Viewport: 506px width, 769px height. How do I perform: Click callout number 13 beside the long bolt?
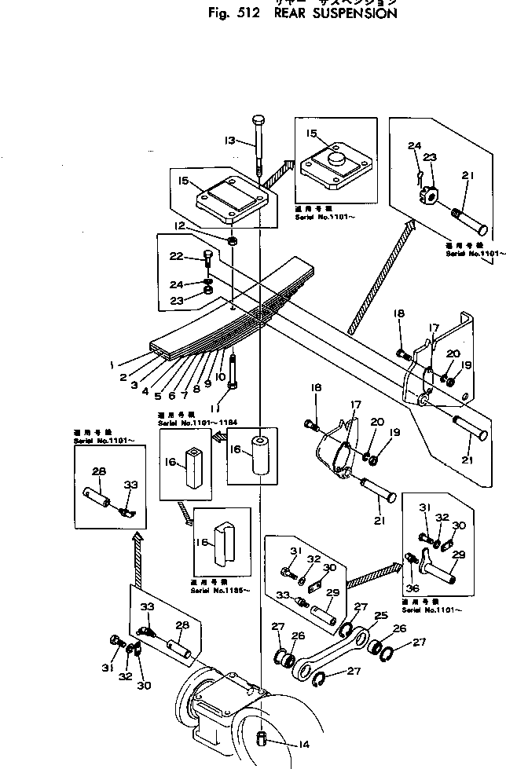[x=229, y=141]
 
